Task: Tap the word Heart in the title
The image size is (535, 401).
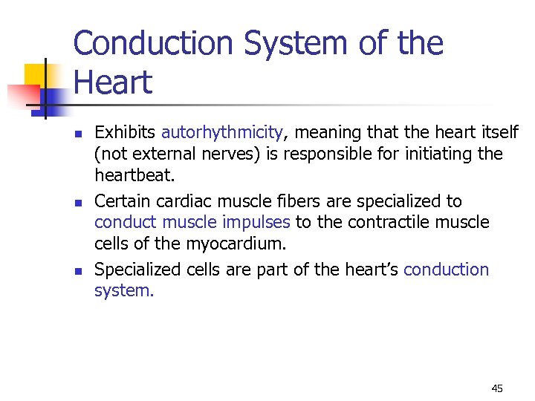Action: (x=113, y=82)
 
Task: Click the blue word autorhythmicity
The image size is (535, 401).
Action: (x=221, y=133)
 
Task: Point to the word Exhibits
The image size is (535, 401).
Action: (x=125, y=133)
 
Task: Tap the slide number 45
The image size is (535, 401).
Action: (x=497, y=388)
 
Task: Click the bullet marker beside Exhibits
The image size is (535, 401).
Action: (x=77, y=134)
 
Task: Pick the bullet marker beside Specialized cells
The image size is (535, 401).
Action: (x=77, y=271)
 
